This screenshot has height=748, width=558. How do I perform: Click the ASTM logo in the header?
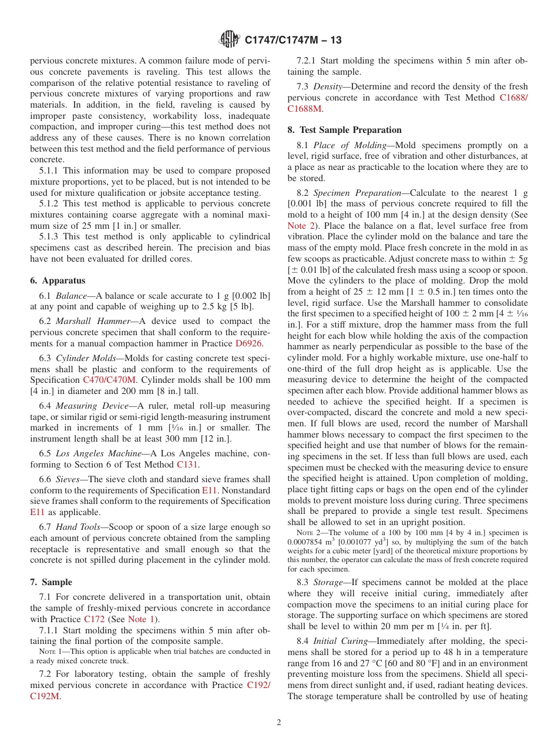(x=228, y=40)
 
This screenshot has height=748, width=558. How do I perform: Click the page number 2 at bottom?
(x=279, y=723)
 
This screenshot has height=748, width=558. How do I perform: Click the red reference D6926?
(x=248, y=343)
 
